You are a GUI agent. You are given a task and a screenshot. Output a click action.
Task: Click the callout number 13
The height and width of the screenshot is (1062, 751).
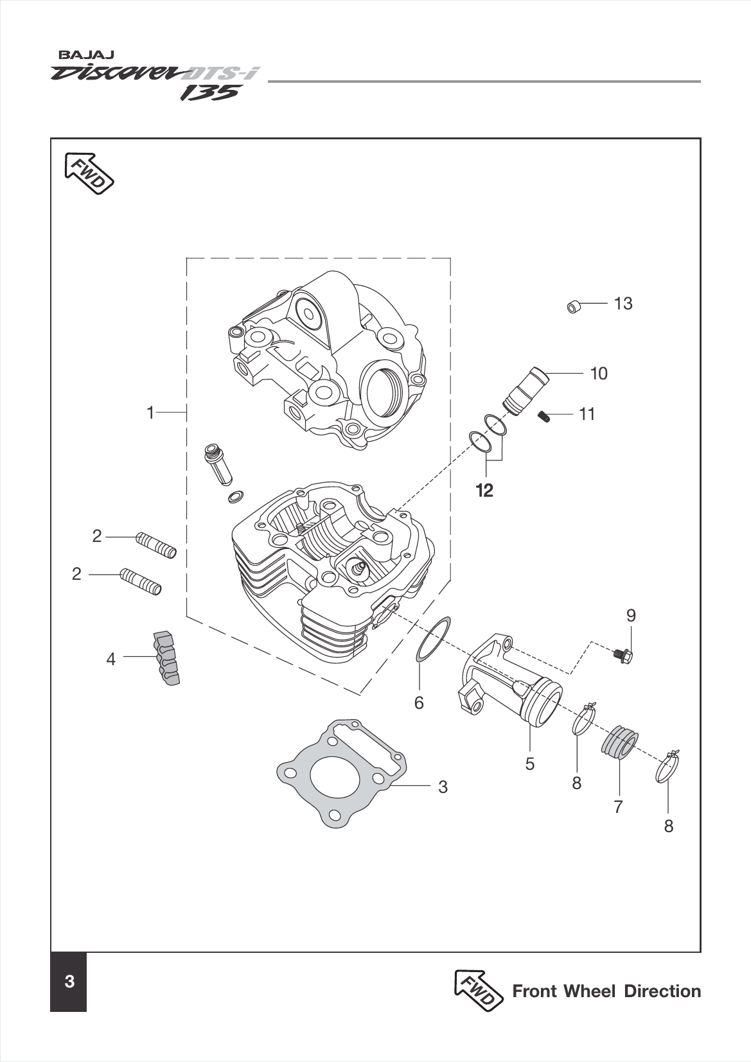(623, 303)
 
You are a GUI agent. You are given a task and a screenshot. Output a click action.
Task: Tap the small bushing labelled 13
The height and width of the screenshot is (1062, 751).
(573, 306)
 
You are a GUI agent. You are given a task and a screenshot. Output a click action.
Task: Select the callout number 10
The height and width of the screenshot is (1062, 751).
(599, 373)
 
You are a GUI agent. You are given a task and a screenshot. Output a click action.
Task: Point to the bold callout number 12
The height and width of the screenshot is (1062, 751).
(484, 491)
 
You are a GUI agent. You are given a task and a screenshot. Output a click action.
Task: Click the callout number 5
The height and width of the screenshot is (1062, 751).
(530, 764)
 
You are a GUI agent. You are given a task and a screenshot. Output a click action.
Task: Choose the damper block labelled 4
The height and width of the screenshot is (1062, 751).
(166, 658)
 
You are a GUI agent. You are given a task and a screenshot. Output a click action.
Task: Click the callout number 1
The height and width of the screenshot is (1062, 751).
(150, 412)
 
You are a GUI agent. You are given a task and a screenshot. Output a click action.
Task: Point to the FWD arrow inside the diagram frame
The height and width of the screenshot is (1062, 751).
(89, 173)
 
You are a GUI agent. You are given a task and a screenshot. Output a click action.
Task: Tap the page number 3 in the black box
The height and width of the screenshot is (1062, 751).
(69, 982)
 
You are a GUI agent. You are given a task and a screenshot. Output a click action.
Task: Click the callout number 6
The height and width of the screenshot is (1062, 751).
(419, 703)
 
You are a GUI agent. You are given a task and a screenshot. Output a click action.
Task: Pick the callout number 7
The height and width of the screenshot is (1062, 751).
(618, 806)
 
